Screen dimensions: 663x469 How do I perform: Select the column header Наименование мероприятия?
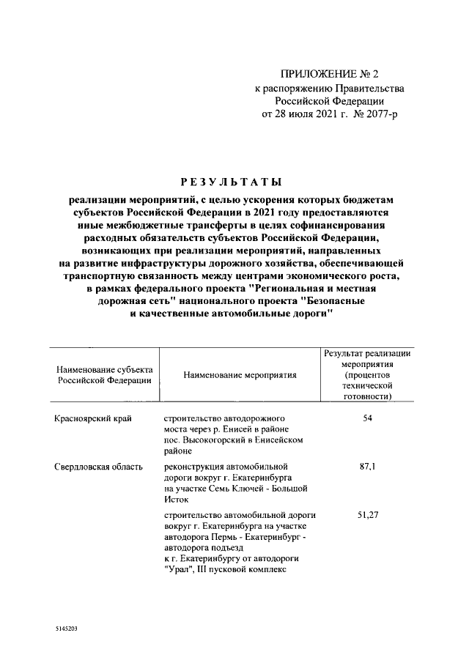pyautogui.click(x=240, y=375)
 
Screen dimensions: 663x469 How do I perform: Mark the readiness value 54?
pyautogui.click(x=368, y=417)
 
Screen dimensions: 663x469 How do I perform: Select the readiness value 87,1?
pyautogui.click(x=368, y=467)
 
